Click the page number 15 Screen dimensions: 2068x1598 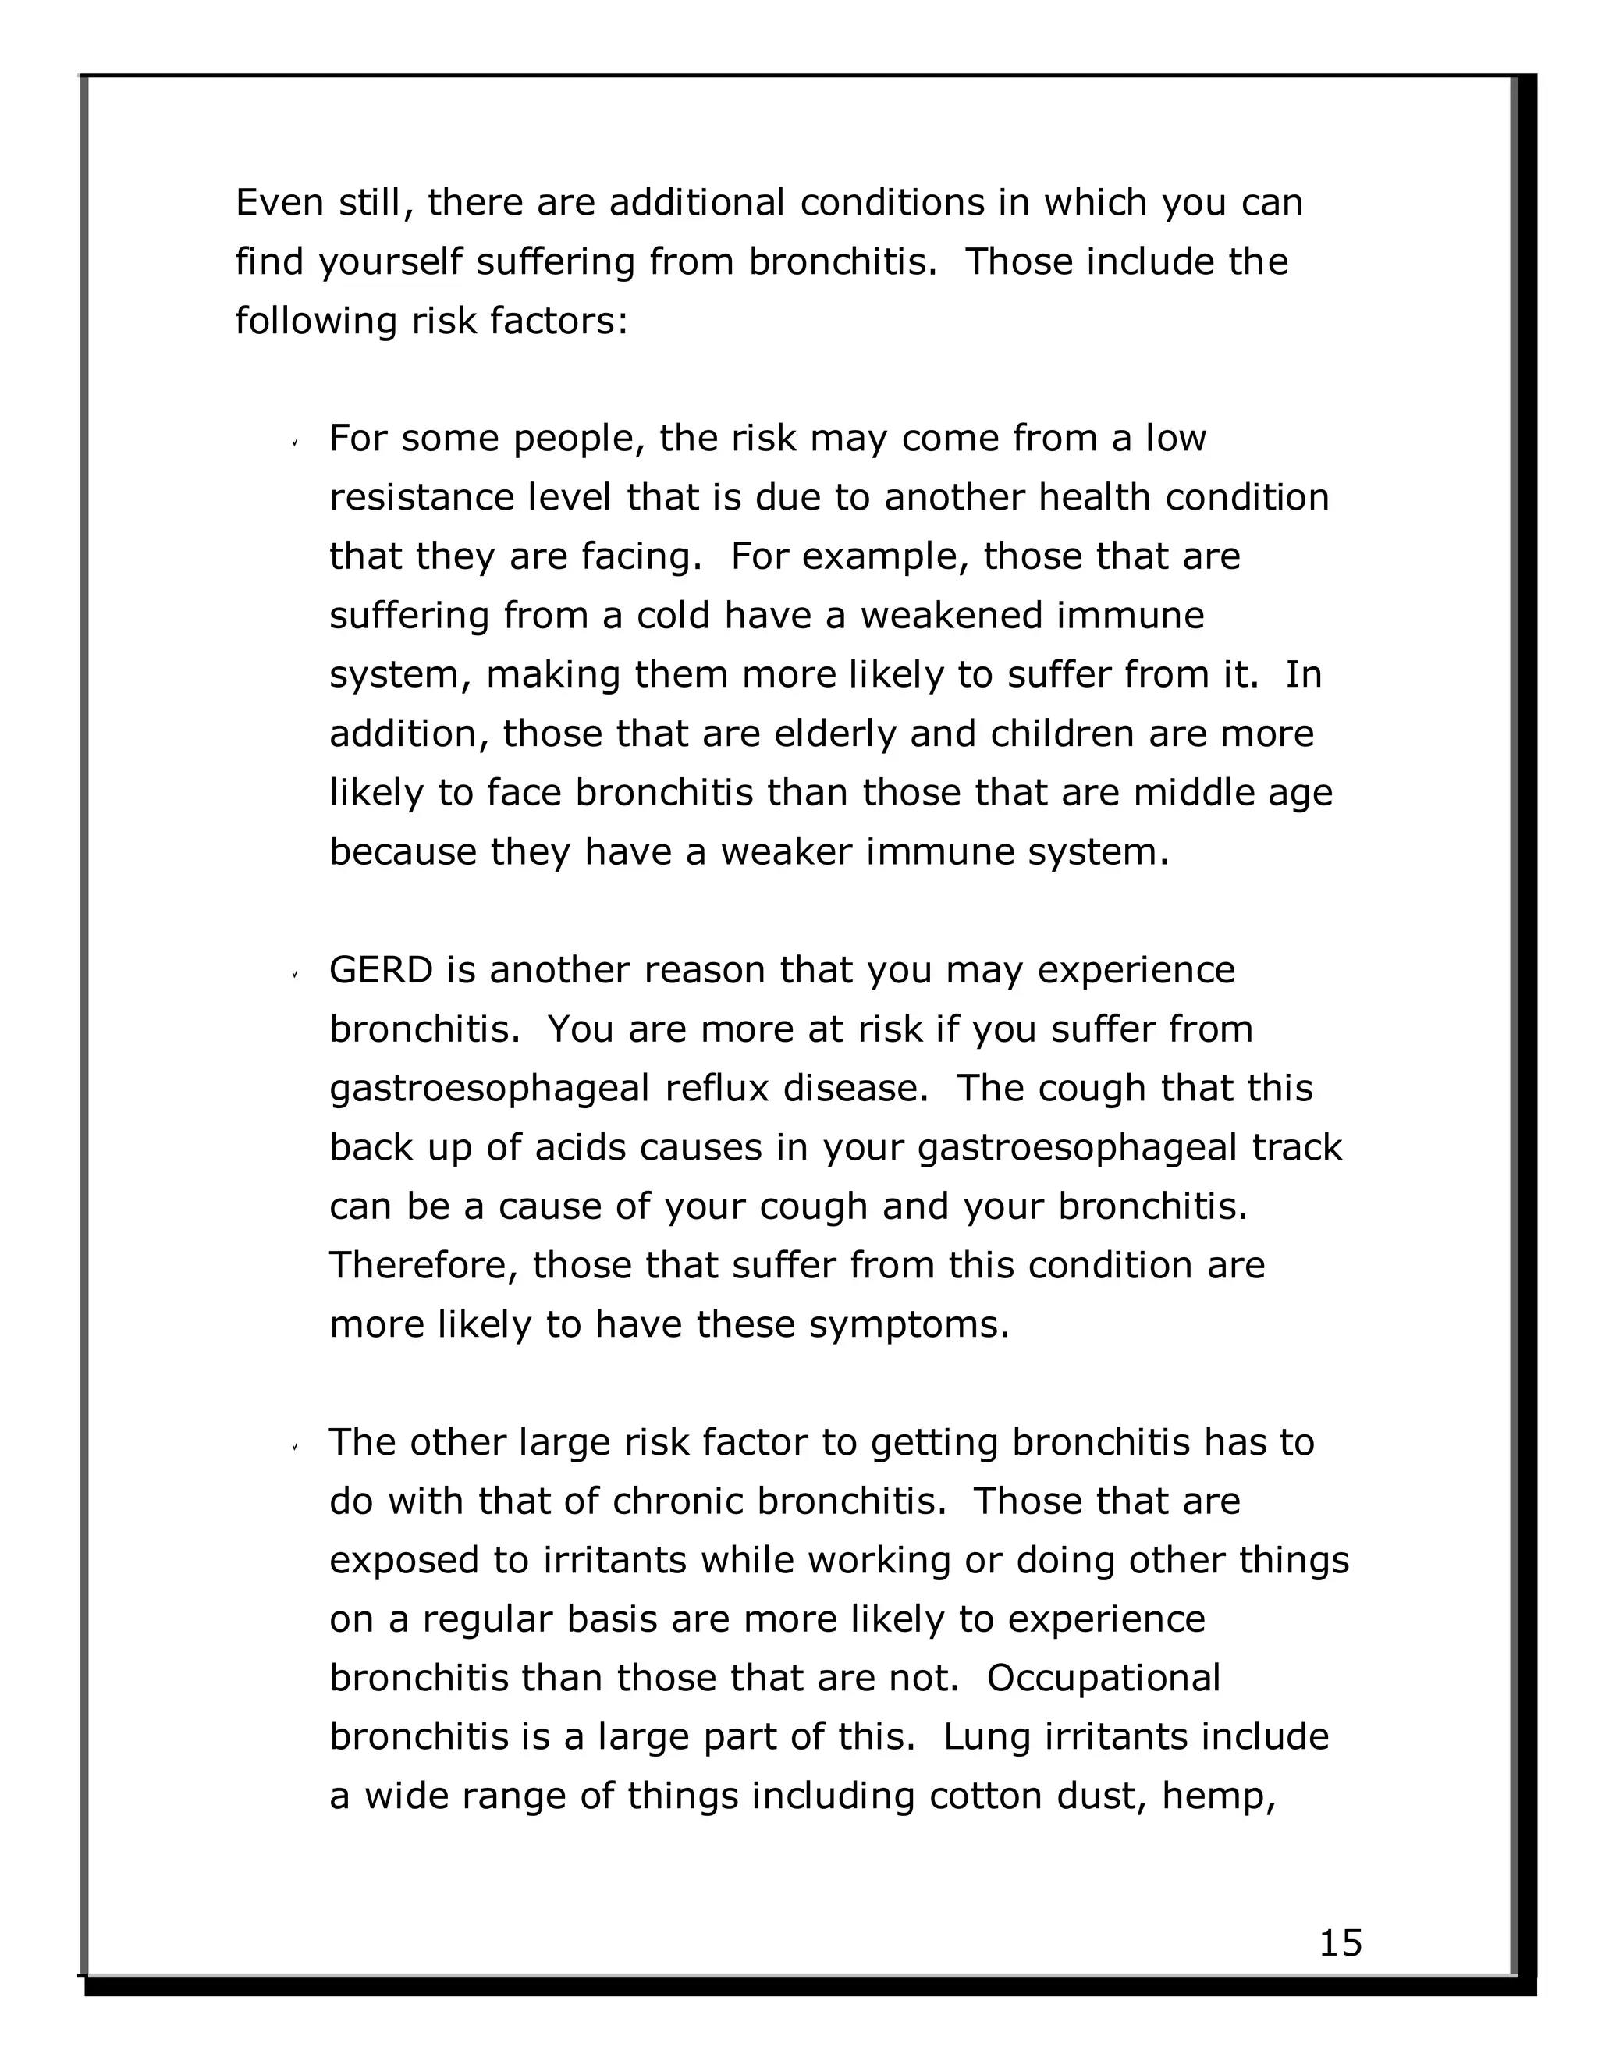tap(1340, 1942)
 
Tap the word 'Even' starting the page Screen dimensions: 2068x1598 tap(279, 203)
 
